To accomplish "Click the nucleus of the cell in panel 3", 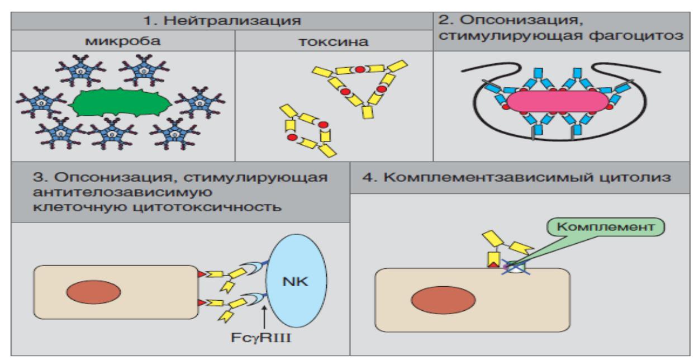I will (90, 293).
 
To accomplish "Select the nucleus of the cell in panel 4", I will (441, 301).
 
